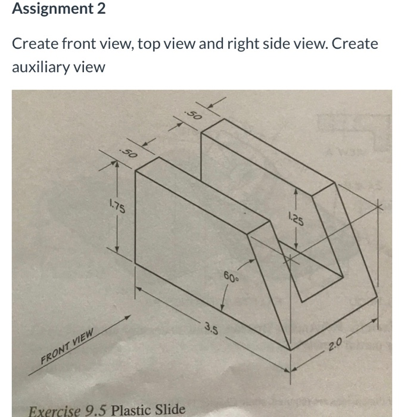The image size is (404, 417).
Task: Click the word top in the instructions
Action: (149, 44)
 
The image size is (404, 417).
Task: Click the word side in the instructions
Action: (282, 44)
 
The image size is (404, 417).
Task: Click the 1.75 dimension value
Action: (117, 207)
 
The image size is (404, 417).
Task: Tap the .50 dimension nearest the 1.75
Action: (128, 153)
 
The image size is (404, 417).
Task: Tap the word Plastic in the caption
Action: (132, 410)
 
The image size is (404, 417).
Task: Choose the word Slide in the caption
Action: (170, 410)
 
